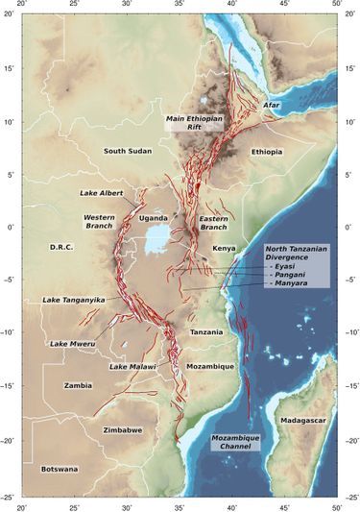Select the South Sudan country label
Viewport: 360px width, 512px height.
129,151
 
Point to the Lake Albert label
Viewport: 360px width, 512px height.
102,193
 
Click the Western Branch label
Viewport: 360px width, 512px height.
101,222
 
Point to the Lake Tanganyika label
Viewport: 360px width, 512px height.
72,300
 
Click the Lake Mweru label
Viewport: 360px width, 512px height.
71,344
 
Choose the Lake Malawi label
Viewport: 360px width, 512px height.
132,366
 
